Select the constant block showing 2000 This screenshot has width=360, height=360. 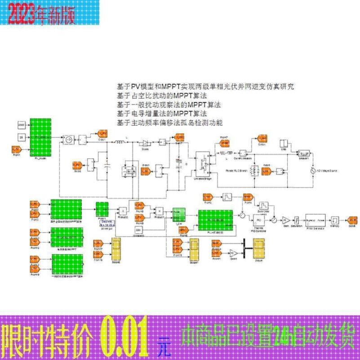pos(21,124)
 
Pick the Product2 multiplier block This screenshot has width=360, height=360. pos(122,210)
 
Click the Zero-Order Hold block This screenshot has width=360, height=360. pos(263,206)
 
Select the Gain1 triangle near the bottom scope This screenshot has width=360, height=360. pos(233,252)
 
